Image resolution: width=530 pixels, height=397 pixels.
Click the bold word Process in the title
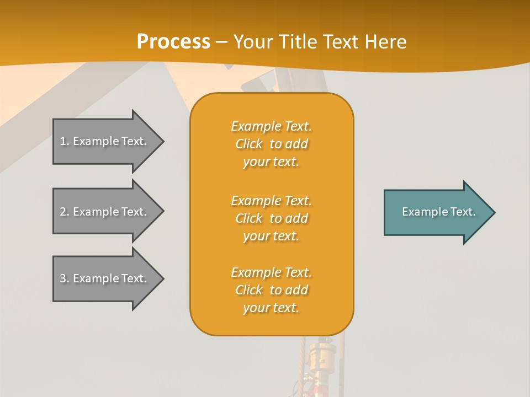tap(173, 42)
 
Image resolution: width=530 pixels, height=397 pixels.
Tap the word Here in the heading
tap(386, 42)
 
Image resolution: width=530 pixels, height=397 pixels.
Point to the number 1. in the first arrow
tap(65, 141)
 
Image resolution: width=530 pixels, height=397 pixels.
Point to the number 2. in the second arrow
tap(65, 212)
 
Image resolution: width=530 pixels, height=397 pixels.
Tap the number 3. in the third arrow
tap(65, 278)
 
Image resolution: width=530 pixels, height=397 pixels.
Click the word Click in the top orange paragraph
tap(249, 144)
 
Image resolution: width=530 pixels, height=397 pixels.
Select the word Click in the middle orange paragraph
tap(249, 218)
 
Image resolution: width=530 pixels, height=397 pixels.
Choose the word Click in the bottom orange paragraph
tap(249, 290)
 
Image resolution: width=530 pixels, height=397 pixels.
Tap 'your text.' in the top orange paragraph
tap(271, 162)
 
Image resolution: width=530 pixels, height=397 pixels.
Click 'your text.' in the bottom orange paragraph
tap(271, 308)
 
